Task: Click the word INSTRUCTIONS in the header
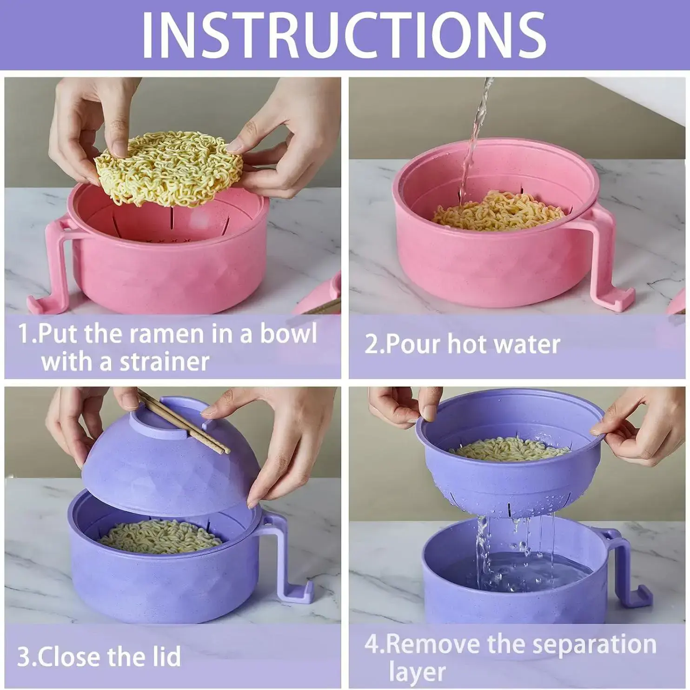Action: pos(344,35)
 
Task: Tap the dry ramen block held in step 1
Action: pos(169,168)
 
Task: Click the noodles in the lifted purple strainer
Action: pos(509,449)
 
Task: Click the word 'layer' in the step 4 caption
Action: pos(417,671)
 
